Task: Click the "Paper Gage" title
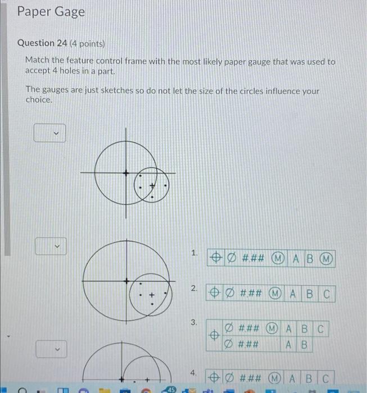click(51, 12)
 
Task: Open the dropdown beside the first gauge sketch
click(49, 134)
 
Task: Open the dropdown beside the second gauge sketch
click(51, 246)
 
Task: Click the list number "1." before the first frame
click(194, 254)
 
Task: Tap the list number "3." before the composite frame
click(194, 322)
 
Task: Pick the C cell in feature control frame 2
click(327, 293)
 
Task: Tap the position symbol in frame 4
click(214, 377)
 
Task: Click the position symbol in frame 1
click(215, 258)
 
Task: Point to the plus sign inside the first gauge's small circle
click(151, 184)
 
